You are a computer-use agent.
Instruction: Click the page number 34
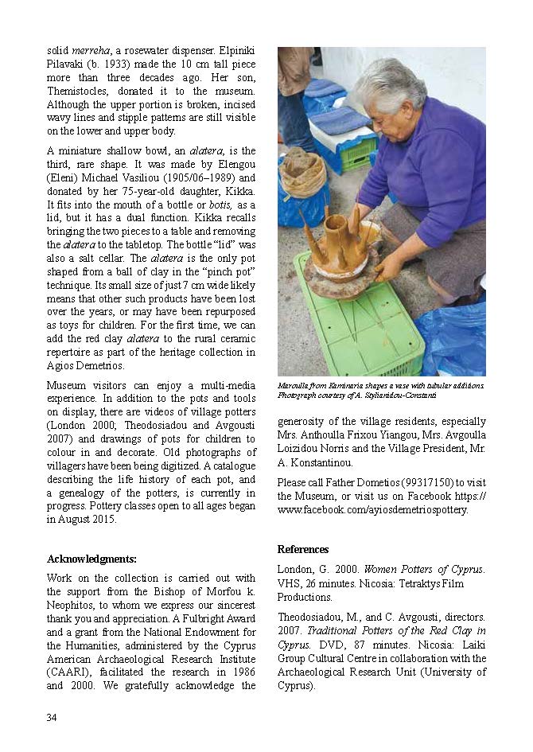pyautogui.click(x=52, y=718)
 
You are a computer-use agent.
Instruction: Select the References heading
pyautogui.click(x=302, y=549)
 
